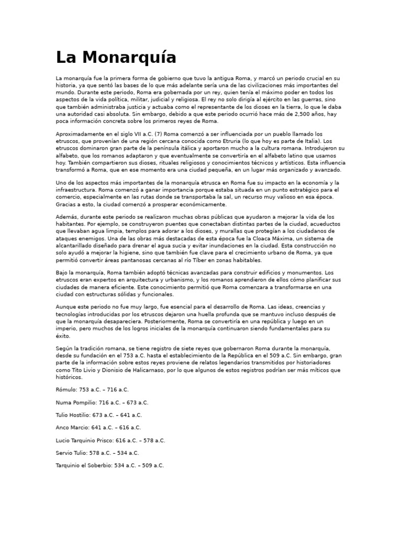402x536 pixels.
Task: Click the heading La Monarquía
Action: pos(116,57)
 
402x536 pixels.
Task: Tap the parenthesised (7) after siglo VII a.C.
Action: pos(143,134)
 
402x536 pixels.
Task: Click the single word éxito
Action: pos(62,336)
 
